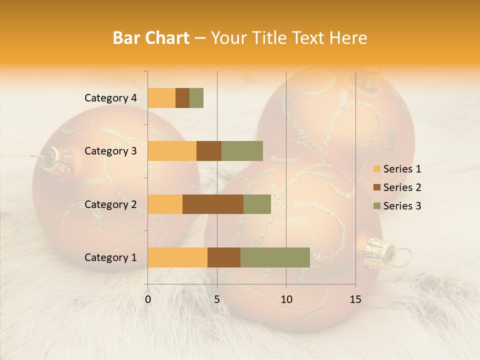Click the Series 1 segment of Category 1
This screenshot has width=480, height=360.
click(x=177, y=257)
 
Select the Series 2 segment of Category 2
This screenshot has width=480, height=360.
click(x=213, y=204)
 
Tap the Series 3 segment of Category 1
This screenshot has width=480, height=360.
click(x=275, y=257)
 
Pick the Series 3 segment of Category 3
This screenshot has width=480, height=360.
click(x=242, y=151)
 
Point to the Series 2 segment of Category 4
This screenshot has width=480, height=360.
click(x=182, y=98)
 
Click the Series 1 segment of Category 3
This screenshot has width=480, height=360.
click(x=172, y=151)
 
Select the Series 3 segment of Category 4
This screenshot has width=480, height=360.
click(x=196, y=98)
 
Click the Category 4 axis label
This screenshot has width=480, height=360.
click(x=110, y=98)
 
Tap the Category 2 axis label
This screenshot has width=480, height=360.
click(x=110, y=204)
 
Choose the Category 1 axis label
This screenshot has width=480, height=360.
click(x=110, y=257)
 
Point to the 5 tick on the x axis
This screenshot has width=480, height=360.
click(x=217, y=299)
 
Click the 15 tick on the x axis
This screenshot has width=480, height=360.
click(x=355, y=299)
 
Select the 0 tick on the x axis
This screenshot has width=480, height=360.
click(x=148, y=299)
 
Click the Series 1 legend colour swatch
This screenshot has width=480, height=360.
click(x=376, y=169)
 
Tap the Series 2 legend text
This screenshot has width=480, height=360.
click(x=402, y=187)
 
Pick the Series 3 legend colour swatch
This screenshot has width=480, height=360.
click(x=376, y=206)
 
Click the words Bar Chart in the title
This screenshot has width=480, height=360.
click(x=150, y=38)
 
